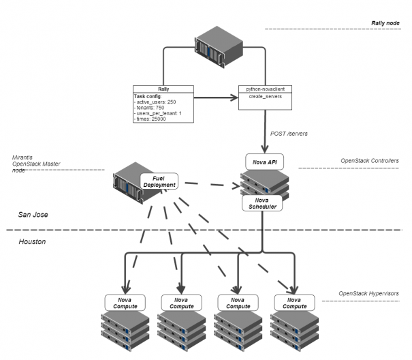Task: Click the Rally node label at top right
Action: (x=384, y=22)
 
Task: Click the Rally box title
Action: (x=163, y=89)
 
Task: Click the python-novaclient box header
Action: (x=263, y=89)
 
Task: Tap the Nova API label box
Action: (x=264, y=162)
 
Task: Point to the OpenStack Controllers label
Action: (x=369, y=161)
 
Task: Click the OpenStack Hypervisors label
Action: (x=368, y=294)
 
